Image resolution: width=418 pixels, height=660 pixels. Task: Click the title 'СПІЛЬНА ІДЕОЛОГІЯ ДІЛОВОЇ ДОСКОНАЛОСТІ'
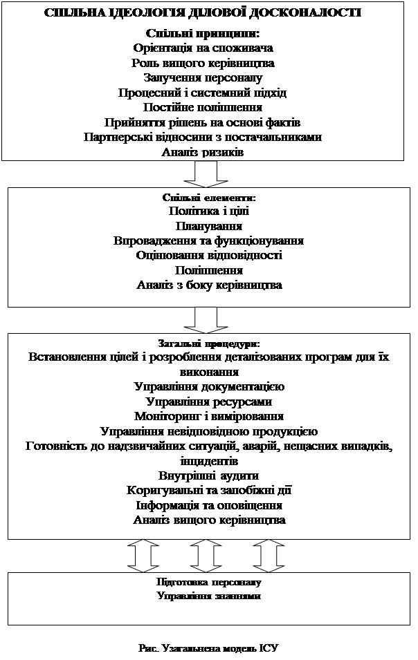pyautogui.click(x=203, y=12)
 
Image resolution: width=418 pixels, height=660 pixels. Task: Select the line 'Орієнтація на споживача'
pyautogui.click(x=203, y=48)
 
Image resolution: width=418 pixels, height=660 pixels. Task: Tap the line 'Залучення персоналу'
pyautogui.click(x=203, y=78)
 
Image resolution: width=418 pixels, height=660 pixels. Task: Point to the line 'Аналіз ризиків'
pyautogui.click(x=203, y=152)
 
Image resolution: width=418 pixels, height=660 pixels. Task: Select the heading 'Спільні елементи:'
pyautogui.click(x=209, y=198)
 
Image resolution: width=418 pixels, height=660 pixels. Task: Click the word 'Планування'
pyautogui.click(x=209, y=226)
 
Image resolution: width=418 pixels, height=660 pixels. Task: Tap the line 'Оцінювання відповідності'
pyautogui.click(x=209, y=256)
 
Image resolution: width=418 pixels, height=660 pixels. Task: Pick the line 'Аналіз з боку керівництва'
pyautogui.click(x=209, y=285)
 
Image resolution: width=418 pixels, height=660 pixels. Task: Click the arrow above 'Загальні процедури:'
pyautogui.click(x=206, y=320)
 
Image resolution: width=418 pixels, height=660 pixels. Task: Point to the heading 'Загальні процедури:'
pyautogui.click(x=209, y=343)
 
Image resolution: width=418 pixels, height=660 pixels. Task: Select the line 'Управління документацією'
pyautogui.click(x=209, y=386)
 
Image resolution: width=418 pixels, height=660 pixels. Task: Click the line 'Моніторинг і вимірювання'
pyautogui.click(x=209, y=416)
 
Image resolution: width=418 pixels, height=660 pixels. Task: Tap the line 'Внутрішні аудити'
pyautogui.click(x=209, y=475)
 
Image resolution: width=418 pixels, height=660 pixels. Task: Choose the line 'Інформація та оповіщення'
pyautogui.click(x=209, y=505)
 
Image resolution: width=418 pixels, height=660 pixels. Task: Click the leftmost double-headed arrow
pyautogui.click(x=143, y=556)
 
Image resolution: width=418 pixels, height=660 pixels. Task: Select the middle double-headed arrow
pyautogui.click(x=206, y=556)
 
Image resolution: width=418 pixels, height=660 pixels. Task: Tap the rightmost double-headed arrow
pyautogui.click(x=269, y=556)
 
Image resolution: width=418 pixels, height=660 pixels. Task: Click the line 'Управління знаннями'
pyautogui.click(x=209, y=596)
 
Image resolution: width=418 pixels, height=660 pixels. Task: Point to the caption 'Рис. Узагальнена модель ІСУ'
pyautogui.click(x=208, y=648)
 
